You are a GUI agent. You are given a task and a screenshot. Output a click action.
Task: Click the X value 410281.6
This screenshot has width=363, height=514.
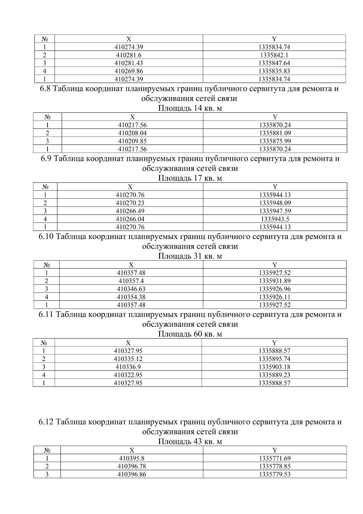click(129, 55)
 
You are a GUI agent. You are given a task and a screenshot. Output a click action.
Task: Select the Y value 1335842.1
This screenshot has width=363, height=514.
click(274, 55)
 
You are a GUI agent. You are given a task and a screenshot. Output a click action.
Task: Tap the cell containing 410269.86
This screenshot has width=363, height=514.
click(129, 71)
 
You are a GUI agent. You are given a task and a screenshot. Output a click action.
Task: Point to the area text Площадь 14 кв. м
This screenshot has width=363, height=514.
click(190, 108)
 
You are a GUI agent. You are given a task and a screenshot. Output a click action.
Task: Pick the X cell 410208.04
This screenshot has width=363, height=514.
click(132, 133)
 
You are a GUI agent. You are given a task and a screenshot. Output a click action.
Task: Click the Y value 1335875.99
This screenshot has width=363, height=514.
click(275, 141)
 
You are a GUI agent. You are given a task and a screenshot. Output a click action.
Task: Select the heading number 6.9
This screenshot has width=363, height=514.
click(47, 159)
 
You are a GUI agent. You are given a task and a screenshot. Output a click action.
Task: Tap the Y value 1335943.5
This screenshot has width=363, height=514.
click(275, 219)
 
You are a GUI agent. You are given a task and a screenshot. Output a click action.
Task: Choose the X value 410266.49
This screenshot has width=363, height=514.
click(130, 211)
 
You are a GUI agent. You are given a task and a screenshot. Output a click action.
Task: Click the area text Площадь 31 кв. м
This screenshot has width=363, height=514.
click(190, 256)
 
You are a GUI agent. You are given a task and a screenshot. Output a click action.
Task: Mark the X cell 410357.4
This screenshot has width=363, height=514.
click(131, 281)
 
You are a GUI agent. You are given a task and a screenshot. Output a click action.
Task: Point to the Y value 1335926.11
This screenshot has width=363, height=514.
click(275, 297)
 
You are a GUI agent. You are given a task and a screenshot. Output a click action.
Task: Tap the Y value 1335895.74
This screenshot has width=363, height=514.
click(274, 359)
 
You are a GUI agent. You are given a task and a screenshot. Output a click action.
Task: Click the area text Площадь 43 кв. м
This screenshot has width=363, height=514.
click(190, 442)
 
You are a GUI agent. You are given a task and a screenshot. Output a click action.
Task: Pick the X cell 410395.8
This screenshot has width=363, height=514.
click(132, 459)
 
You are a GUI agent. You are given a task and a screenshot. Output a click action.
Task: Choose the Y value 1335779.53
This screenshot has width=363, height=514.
click(275, 475)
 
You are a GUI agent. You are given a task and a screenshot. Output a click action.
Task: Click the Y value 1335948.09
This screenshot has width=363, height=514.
click(275, 203)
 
